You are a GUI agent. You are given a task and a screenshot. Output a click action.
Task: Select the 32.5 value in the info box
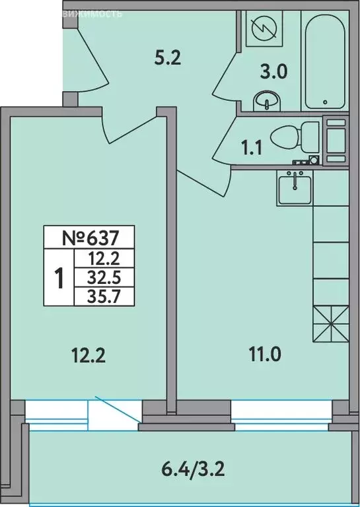(x=102, y=276)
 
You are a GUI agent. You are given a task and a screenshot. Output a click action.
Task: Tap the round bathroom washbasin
(x=267, y=102)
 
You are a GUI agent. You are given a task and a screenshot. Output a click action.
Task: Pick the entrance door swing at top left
(x=89, y=63)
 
